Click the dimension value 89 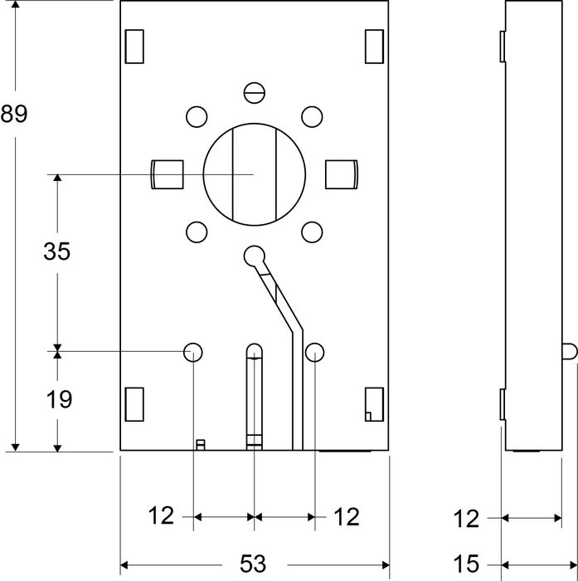pos(14,114)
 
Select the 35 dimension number pos(56,251)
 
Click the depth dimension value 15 pos(467,564)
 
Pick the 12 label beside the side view pos(467,519)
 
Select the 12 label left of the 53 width pos(162,517)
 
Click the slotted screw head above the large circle pos(254,91)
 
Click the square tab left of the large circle pos(167,174)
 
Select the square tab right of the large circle pos(341,174)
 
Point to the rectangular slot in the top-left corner pos(134,46)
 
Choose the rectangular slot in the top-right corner pos(375,46)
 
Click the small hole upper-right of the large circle pos(312,116)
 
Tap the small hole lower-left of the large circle pos(196,232)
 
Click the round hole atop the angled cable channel pos(255,255)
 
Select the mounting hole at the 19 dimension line pos(193,352)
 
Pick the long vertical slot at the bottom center pos(255,394)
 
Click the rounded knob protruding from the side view pos(568,351)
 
